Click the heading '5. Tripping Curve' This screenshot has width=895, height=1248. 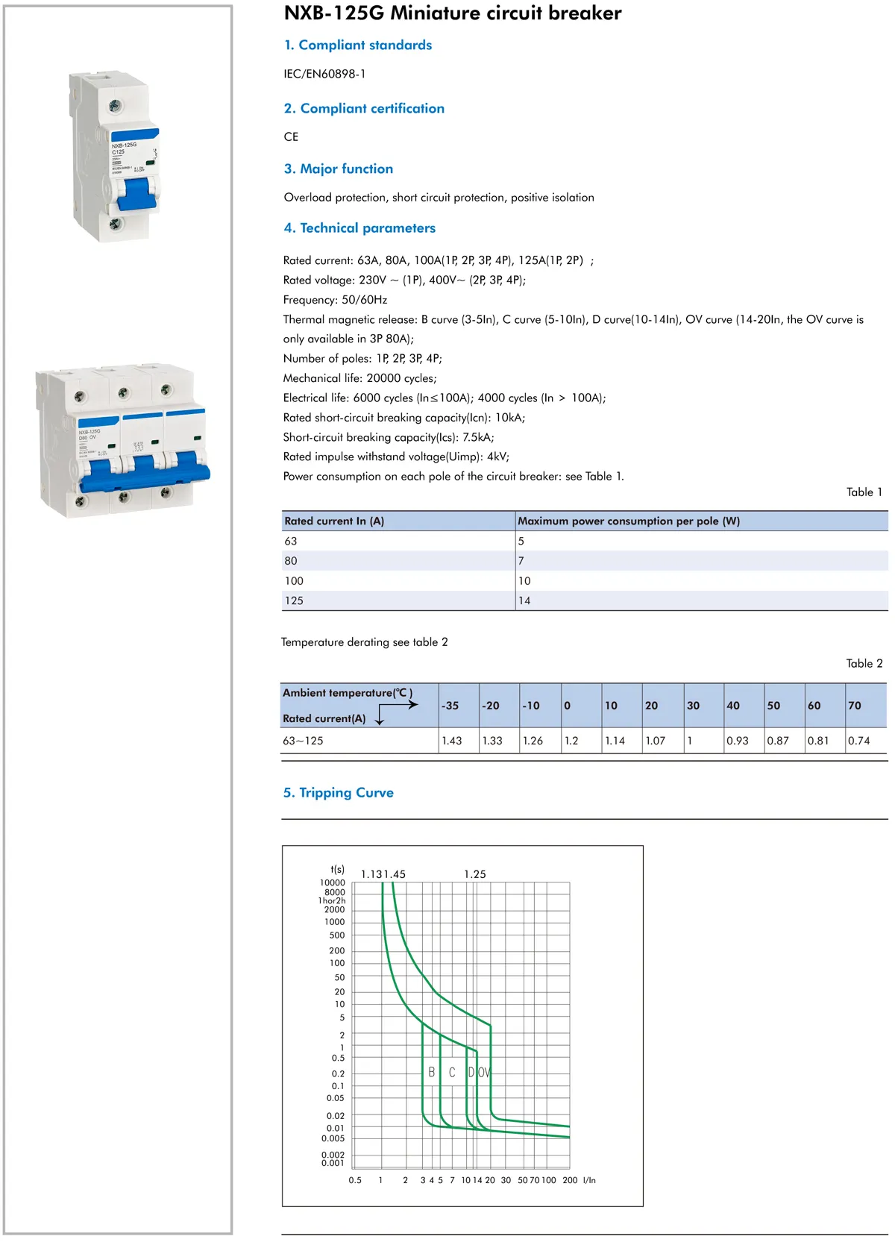(338, 792)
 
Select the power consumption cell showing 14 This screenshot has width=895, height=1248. (524, 601)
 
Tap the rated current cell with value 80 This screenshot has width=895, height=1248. (291, 561)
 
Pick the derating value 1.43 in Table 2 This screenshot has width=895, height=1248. (452, 741)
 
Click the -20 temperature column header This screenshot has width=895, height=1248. (491, 706)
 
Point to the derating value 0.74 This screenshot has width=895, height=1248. (858, 741)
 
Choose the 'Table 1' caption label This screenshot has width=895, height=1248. (864, 492)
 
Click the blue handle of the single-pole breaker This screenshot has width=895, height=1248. (136, 194)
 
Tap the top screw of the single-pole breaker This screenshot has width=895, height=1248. (115, 106)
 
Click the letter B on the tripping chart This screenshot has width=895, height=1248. (431, 1072)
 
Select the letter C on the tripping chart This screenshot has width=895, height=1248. (452, 1072)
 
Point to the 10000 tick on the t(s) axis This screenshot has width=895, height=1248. (333, 882)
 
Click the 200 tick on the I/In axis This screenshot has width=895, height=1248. (570, 1180)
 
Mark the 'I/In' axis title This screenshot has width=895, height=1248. (589, 1180)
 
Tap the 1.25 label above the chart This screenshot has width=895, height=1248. (474, 874)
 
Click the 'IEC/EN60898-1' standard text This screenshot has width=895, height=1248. (324, 74)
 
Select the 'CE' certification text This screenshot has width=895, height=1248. (291, 137)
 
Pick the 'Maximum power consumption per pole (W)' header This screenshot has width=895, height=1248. (629, 521)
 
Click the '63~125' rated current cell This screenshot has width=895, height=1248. (303, 741)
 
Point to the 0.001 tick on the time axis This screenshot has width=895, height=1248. (333, 1163)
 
